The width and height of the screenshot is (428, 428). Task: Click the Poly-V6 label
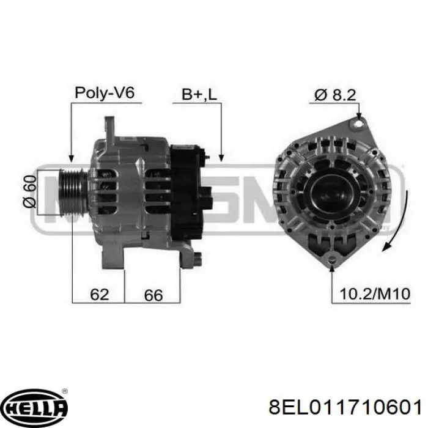(x=105, y=93)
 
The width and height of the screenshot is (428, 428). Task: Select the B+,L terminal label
(x=199, y=94)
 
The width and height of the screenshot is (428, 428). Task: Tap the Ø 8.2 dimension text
(x=335, y=95)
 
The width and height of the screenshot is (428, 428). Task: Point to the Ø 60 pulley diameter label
(x=29, y=191)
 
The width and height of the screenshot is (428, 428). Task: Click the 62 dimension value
(x=99, y=294)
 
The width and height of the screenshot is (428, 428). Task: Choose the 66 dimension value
(x=153, y=295)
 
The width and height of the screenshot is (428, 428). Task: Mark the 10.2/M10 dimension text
(x=375, y=293)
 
